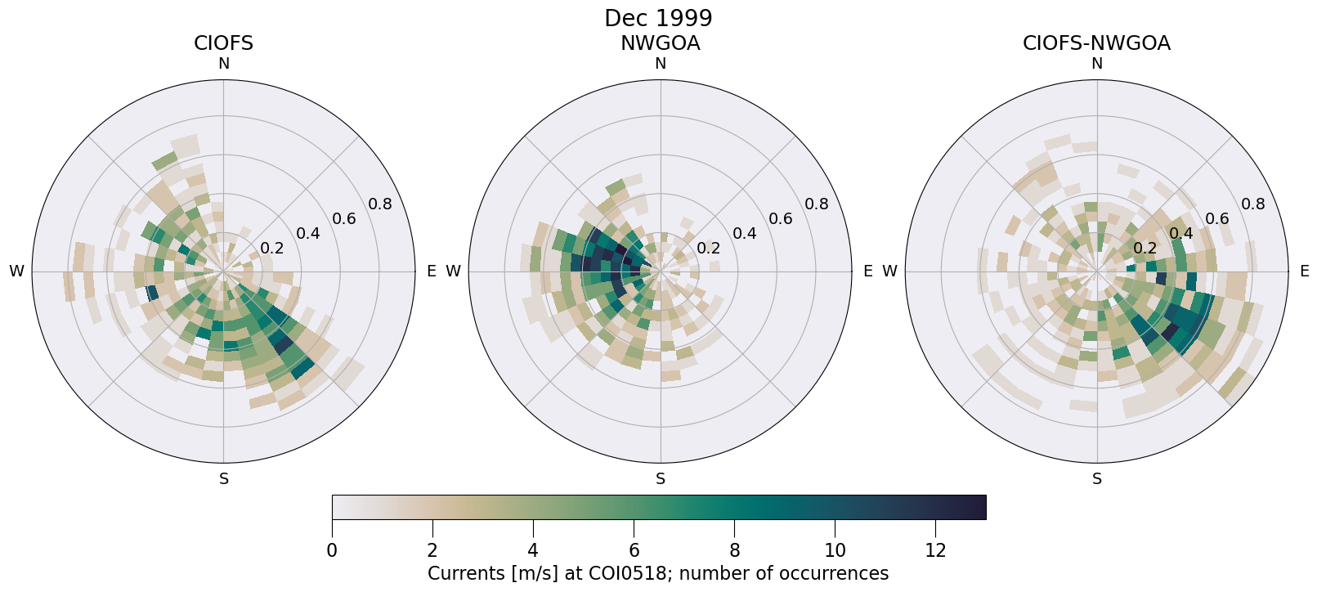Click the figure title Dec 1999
tap(658, 18)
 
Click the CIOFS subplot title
tap(223, 43)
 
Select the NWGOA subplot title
tap(660, 43)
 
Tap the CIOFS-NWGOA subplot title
tap(1096, 43)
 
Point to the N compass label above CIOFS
tap(223, 64)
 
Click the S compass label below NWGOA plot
tap(661, 479)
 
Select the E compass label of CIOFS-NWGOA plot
tap(1304, 271)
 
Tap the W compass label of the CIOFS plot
tap(16, 271)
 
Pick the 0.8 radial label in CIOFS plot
tap(380, 204)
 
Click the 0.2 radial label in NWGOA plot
tap(708, 249)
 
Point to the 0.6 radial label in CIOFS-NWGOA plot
tap(1217, 218)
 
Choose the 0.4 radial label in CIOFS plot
tap(308, 234)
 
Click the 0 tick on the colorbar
tap(332, 550)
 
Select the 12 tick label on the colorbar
tap(935, 550)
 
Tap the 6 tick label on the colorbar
tap(634, 550)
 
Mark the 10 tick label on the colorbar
tap(835, 550)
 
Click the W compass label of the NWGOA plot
tap(453, 271)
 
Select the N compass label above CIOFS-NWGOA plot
tap(1097, 64)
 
